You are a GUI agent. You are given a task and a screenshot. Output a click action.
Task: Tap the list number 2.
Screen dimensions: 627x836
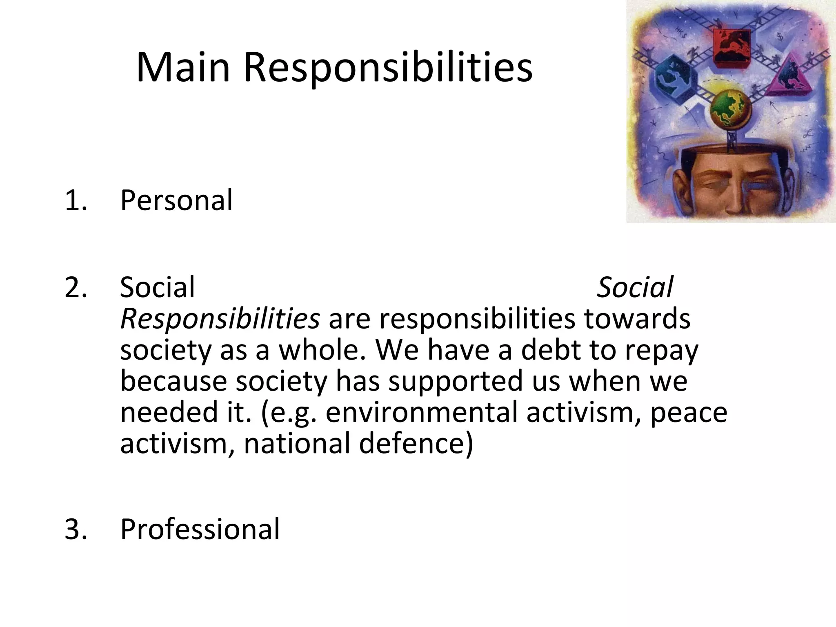76,287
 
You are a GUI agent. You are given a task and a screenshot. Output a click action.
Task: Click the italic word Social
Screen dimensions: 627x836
635,287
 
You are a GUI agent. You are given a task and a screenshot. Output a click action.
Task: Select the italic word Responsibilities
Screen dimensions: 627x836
220,319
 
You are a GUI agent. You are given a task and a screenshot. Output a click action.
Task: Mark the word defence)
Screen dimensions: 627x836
416,443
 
